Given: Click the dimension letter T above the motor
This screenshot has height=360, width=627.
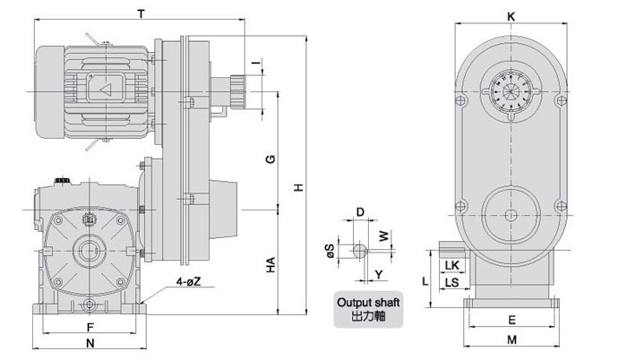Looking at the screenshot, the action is click(141, 14).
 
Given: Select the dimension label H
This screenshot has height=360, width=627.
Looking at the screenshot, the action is click(298, 187).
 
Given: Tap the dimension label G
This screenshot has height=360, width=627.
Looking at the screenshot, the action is click(271, 159).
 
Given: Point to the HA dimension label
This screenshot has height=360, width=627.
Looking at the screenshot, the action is click(271, 265).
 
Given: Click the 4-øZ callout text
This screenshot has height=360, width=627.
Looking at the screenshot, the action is click(188, 281).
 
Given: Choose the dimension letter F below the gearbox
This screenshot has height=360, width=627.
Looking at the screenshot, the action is click(90, 327).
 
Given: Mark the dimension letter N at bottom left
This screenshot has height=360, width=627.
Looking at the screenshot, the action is click(90, 343).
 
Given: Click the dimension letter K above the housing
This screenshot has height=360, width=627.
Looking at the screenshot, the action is click(511, 16).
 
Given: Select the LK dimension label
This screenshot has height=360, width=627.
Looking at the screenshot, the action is click(452, 265).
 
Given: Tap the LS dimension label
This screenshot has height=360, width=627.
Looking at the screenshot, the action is click(451, 282).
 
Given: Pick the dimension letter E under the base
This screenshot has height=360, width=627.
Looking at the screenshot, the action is click(511, 320).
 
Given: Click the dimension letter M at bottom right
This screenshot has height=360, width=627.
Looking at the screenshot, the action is click(511, 339).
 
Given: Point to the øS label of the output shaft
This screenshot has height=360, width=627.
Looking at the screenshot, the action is click(331, 251).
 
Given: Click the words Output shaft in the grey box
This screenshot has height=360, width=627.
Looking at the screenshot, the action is click(368, 303).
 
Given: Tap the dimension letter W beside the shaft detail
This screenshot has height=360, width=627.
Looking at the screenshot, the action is click(384, 236).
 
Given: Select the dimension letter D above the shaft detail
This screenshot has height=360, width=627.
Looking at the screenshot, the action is click(360, 212).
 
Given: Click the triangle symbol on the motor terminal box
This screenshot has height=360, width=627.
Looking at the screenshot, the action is click(106, 90).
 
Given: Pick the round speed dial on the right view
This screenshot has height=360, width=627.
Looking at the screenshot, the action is click(511, 91).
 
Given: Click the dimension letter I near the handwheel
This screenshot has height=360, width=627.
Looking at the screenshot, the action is click(258, 63).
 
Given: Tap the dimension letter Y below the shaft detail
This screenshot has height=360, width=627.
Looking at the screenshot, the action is click(379, 274).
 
